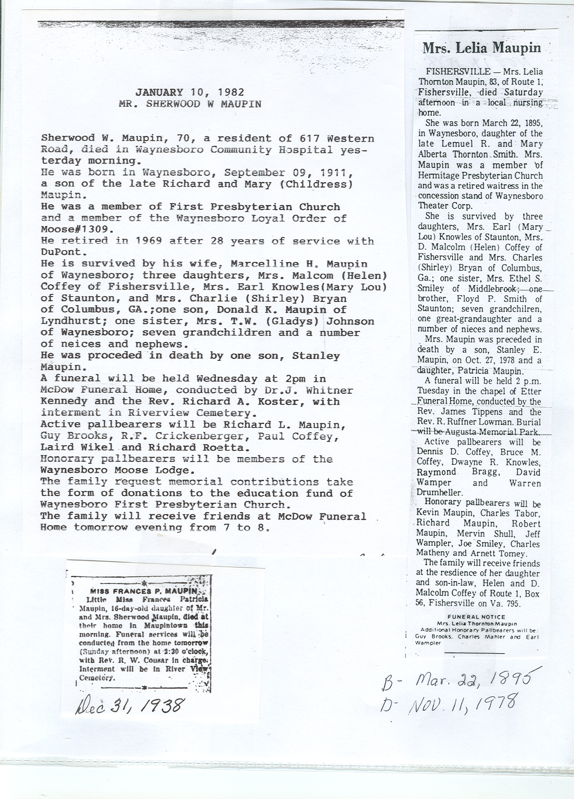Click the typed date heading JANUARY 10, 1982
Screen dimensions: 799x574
click(x=190, y=92)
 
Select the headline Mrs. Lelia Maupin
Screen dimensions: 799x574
click(x=481, y=48)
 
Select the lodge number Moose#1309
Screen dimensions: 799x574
click(x=75, y=229)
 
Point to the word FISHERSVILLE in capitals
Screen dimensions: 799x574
click(x=458, y=72)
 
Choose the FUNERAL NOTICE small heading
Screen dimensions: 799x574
click(x=476, y=617)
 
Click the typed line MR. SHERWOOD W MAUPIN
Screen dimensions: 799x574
click(x=190, y=104)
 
